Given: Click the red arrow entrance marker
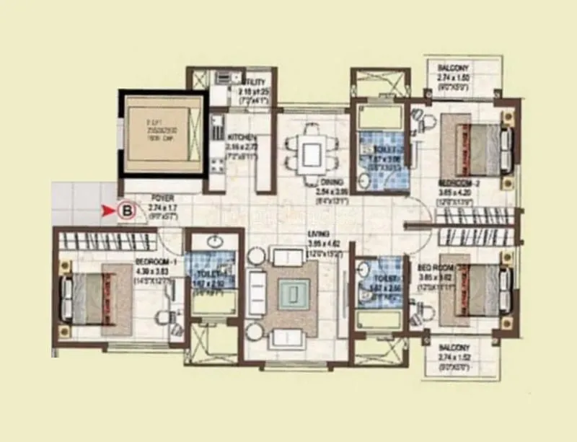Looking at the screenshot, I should coord(110,211).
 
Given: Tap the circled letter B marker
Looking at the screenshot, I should coord(128,211).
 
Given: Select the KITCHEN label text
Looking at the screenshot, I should coord(239,136).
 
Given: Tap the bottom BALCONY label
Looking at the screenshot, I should coord(457,348).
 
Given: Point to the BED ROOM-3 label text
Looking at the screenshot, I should coord(435,266).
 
